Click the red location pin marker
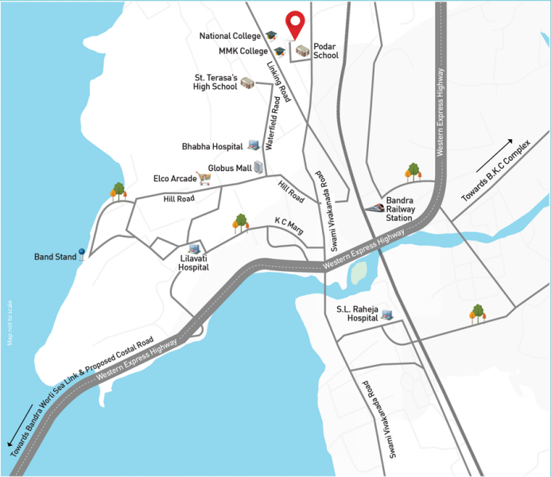[296, 24]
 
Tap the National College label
[231, 36]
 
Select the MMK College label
[243, 51]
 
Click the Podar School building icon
[302, 52]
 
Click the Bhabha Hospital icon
[254, 145]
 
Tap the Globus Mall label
[229, 169]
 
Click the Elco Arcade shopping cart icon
[207, 180]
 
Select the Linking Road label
[280, 83]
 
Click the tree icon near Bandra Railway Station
[413, 171]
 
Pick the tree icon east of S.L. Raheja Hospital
[477, 313]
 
